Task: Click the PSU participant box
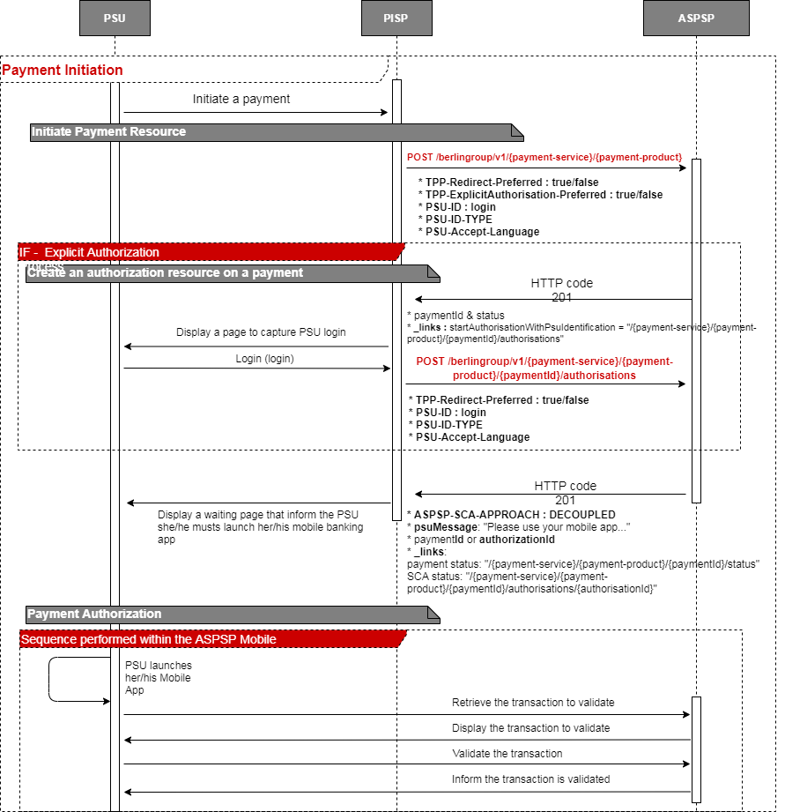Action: click(x=115, y=19)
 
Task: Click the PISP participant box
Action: click(x=396, y=19)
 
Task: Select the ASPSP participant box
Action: click(x=696, y=19)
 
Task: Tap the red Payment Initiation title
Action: click(x=63, y=70)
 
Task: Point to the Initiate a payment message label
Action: click(x=241, y=100)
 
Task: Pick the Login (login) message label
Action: click(x=264, y=359)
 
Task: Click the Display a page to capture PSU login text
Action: click(x=261, y=332)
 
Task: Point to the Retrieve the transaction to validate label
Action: click(x=533, y=703)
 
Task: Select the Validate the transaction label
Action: click(x=507, y=754)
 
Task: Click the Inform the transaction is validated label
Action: click(x=530, y=779)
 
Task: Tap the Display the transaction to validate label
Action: click(x=530, y=728)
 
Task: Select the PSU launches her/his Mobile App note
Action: click(x=159, y=678)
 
